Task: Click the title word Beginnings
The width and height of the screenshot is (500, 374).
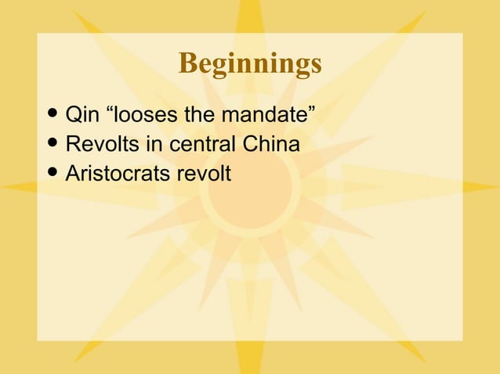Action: [x=250, y=63]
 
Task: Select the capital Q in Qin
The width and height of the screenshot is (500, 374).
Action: [x=73, y=117]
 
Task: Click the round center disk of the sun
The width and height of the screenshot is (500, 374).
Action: [x=250, y=187]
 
